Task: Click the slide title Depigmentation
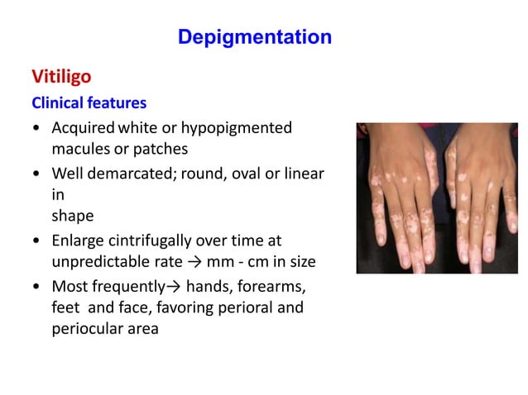(x=255, y=37)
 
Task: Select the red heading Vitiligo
(x=61, y=77)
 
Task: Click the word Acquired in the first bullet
(x=83, y=128)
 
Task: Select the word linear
(x=301, y=174)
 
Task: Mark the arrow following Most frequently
(x=175, y=287)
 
